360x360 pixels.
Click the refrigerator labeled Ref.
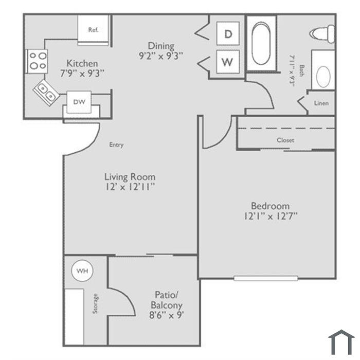pyautogui.click(x=93, y=30)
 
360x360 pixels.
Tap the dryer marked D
pyautogui.click(x=228, y=34)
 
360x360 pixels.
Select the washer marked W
pyautogui.click(x=228, y=62)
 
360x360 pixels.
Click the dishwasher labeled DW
pyautogui.click(x=79, y=102)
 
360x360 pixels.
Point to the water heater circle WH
pyautogui.click(x=82, y=271)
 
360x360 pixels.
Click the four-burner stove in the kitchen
pyautogui.click(x=37, y=61)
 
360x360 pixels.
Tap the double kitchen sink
pyautogui.click(x=46, y=92)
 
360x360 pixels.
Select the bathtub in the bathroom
pyautogui.click(x=261, y=43)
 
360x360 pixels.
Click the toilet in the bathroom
pyautogui.click(x=322, y=34)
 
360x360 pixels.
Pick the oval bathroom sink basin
pyautogui.click(x=323, y=77)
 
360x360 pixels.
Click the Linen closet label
pyautogui.click(x=321, y=103)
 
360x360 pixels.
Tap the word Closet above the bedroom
pyautogui.click(x=285, y=140)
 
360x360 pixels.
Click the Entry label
pyautogui.click(x=116, y=145)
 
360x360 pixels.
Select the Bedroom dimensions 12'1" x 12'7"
pyautogui.click(x=271, y=217)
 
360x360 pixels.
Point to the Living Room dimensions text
pyautogui.click(x=130, y=187)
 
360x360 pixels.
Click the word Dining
pyautogui.click(x=161, y=46)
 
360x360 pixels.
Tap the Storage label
pyautogui.click(x=95, y=303)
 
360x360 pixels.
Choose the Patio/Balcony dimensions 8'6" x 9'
pyautogui.click(x=167, y=315)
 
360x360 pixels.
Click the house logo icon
pyautogui.click(x=341, y=342)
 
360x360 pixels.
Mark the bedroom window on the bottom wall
pyautogui.click(x=266, y=279)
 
